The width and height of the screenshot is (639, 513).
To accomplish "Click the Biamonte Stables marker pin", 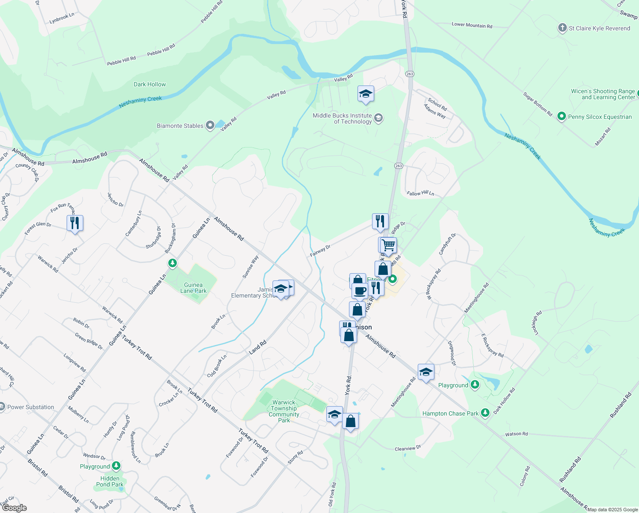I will (210, 125).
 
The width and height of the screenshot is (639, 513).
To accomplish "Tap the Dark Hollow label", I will (149, 84).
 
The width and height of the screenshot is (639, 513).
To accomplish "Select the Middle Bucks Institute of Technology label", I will (342, 118).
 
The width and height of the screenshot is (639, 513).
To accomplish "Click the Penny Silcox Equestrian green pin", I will (562, 116).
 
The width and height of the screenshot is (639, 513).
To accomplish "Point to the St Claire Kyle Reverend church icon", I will (563, 28).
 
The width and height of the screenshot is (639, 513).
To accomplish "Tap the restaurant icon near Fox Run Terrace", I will (75, 223).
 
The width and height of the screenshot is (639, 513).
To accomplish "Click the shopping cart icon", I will (389, 245).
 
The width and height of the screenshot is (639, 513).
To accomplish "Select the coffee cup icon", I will (360, 291).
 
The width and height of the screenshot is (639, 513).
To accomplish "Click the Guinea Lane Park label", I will (193, 288).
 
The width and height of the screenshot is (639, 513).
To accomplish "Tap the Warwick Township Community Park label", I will (284, 411).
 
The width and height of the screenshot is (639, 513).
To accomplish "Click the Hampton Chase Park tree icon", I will (485, 413).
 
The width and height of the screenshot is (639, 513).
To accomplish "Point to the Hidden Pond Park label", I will (110, 481).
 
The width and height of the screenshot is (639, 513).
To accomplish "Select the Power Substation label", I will (31, 407).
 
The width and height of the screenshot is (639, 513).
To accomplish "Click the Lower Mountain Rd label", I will (472, 25).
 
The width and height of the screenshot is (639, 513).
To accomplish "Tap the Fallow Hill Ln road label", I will (420, 194).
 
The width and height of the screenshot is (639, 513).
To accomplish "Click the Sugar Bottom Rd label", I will (538, 104).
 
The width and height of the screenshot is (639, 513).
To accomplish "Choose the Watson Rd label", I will (516, 434).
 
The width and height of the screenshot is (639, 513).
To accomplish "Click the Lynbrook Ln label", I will (62, 18).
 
